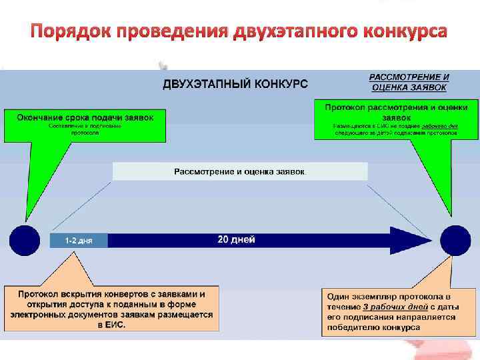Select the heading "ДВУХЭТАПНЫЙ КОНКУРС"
click(x=235, y=84)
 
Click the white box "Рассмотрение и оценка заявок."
click(x=240, y=172)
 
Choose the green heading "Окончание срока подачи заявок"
click(x=85, y=117)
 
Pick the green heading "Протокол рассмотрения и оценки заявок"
click(x=396, y=111)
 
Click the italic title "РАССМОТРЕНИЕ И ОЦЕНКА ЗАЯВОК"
click(x=409, y=82)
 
